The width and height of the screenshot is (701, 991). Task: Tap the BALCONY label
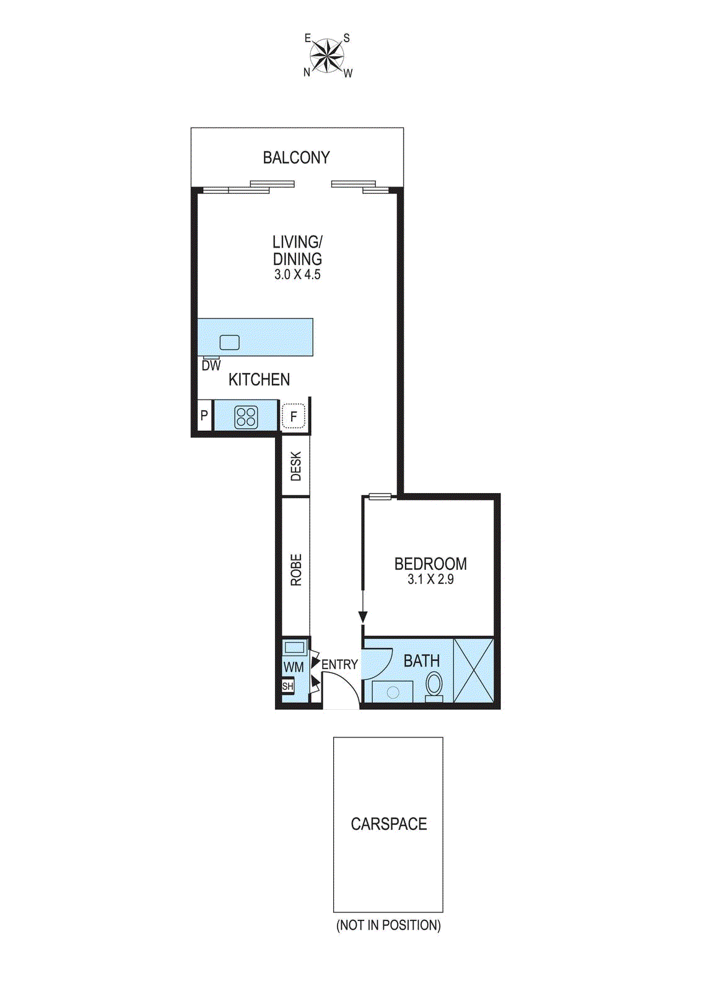(x=296, y=158)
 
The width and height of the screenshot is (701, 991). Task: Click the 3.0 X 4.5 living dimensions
(x=297, y=275)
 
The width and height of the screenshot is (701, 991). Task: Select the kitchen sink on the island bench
(x=230, y=342)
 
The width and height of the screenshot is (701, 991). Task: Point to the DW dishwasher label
(x=211, y=366)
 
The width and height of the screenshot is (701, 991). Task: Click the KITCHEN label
(x=259, y=380)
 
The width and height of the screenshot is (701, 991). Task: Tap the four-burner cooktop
(x=246, y=417)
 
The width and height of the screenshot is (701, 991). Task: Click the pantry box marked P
(x=204, y=416)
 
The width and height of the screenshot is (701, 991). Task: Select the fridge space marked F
(x=294, y=417)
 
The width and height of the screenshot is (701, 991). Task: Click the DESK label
(x=296, y=466)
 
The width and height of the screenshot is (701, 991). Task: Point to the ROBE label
(x=296, y=570)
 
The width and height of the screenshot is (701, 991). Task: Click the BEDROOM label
(x=430, y=564)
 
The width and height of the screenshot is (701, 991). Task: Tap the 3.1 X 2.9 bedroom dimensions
(x=430, y=580)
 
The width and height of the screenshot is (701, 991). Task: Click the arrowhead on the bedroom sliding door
(x=363, y=617)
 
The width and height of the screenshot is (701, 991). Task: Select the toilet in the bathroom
(x=434, y=685)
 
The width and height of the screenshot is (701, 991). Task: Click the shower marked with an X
(x=474, y=670)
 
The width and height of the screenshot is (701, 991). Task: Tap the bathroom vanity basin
(x=393, y=692)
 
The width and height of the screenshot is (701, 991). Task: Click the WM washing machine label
(x=294, y=667)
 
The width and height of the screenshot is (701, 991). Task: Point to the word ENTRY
(x=339, y=665)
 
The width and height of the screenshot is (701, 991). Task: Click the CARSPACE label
(x=389, y=824)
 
